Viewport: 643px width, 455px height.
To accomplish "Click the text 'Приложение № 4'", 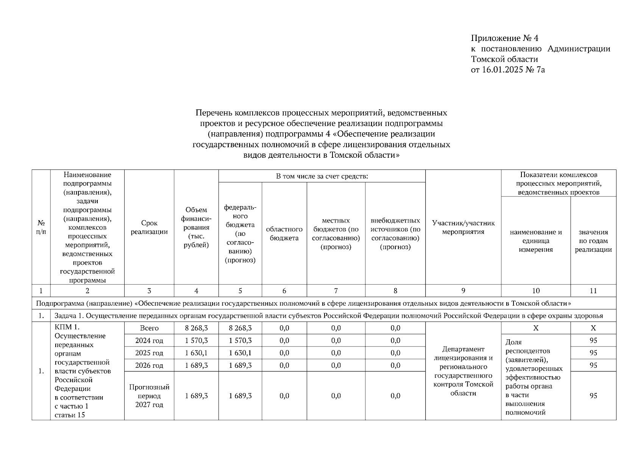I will click(x=504, y=38).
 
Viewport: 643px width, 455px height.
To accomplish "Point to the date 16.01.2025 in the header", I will click(x=502, y=70).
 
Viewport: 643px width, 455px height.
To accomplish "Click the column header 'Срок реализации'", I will click(x=149, y=227).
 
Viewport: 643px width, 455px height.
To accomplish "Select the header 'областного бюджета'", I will click(x=284, y=234).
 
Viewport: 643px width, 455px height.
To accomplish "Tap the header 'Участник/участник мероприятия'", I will click(x=463, y=227).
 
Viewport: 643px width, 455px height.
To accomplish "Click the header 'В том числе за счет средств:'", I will click(x=322, y=176).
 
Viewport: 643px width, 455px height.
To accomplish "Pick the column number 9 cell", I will click(x=463, y=291).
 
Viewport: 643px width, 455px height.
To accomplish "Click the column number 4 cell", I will click(x=196, y=291).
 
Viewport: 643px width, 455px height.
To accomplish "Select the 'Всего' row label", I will click(x=149, y=328).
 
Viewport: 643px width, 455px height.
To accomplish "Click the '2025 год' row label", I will click(x=149, y=353).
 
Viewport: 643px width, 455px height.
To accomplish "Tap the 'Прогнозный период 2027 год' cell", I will click(x=149, y=396).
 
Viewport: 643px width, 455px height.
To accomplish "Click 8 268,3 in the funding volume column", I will click(x=196, y=328).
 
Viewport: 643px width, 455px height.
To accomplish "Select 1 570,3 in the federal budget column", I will click(x=240, y=340).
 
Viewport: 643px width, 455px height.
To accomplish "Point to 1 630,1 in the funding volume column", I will click(x=196, y=353).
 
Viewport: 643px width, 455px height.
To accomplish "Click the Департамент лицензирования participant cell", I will click(x=463, y=371).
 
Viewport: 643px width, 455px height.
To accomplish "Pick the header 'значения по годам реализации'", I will click(x=593, y=241).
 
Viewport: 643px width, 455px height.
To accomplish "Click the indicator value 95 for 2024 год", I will click(x=593, y=340).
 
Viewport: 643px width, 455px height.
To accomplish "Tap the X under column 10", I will click(x=535, y=328).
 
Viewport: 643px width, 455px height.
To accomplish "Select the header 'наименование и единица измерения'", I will click(x=535, y=241).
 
